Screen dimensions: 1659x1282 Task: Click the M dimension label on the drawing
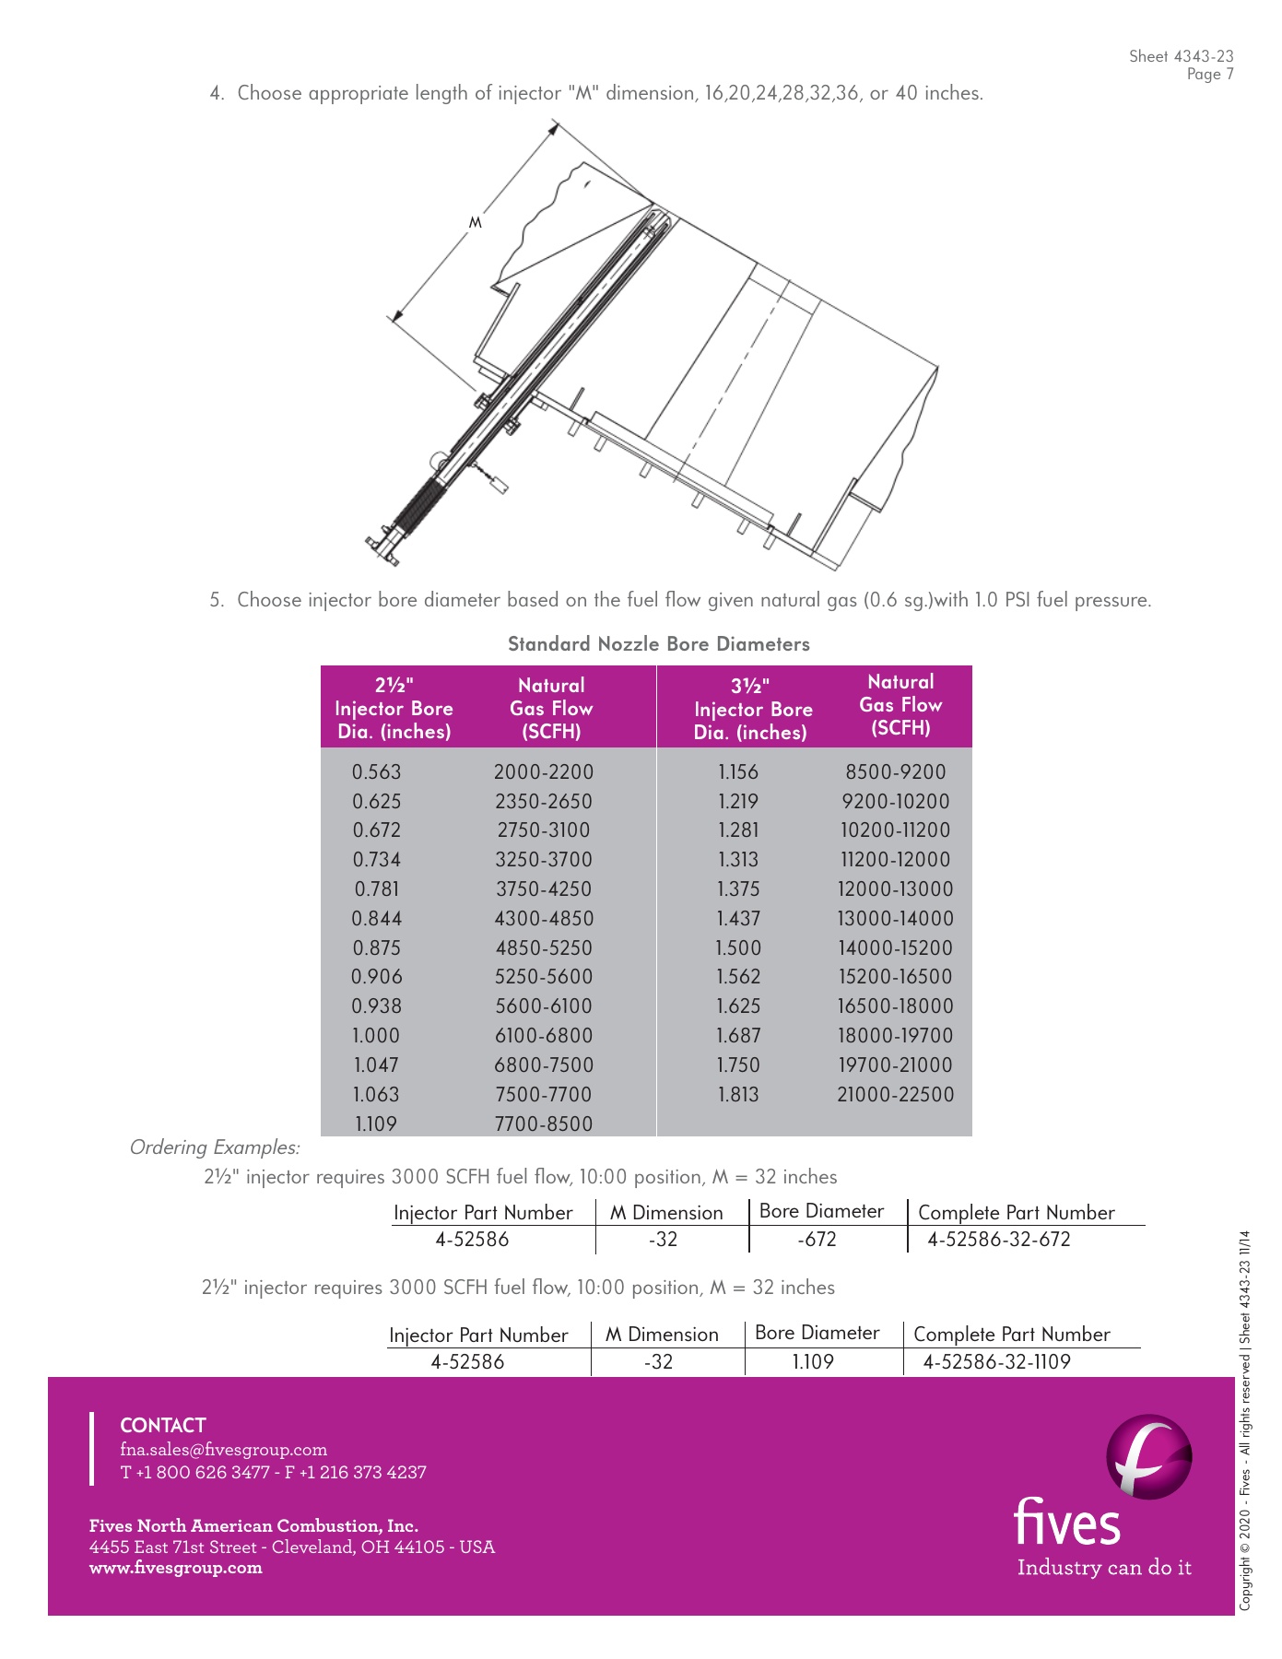(476, 222)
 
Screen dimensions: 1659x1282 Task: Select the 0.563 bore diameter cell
(377, 772)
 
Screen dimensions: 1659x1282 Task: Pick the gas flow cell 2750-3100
(543, 830)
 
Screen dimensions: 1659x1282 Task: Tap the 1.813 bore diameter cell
(738, 1095)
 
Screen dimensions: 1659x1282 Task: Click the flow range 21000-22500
(895, 1095)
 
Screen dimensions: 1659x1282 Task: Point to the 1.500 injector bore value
(738, 948)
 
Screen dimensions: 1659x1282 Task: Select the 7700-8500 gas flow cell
(543, 1124)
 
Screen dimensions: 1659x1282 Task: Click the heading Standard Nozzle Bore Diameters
(658, 644)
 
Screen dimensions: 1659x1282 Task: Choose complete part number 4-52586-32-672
(998, 1240)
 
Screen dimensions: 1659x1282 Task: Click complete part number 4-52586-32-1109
(996, 1362)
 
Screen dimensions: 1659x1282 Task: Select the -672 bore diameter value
(817, 1240)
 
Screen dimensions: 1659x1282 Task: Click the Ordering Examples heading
(215, 1147)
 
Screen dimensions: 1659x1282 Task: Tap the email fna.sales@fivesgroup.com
(223, 1450)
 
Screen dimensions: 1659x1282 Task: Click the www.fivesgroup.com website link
(175, 1568)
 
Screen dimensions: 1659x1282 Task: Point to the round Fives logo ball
(1148, 1457)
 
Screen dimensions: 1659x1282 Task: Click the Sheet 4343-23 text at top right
(1181, 56)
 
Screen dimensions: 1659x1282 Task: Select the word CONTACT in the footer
(163, 1425)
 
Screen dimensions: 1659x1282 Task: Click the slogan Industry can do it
(1103, 1568)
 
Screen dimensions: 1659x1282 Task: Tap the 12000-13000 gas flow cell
(895, 889)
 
